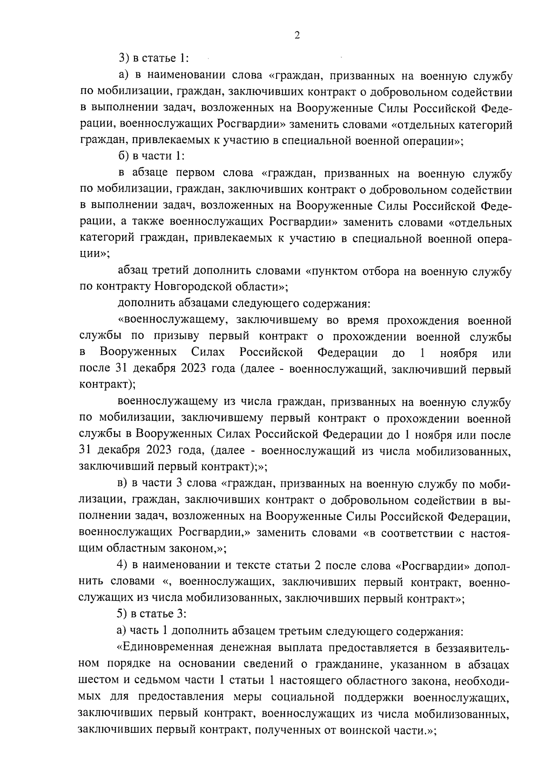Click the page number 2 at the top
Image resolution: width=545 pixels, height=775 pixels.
tap(297, 36)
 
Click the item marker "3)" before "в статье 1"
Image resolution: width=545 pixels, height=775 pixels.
tap(124, 59)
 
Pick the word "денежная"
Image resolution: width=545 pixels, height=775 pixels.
tap(263, 647)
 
